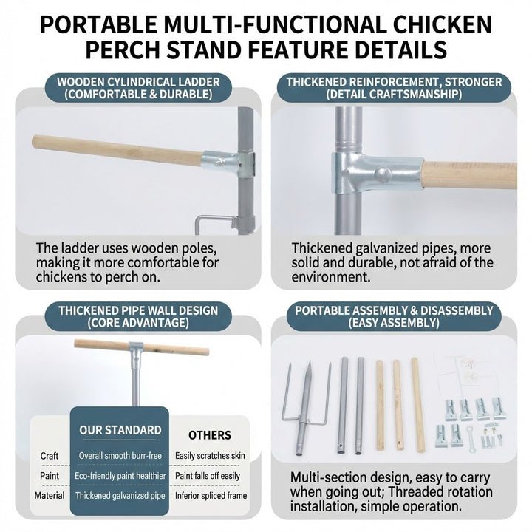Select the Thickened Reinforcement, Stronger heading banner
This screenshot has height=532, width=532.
[x=394, y=88]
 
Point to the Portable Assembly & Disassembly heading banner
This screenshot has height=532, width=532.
[x=394, y=316]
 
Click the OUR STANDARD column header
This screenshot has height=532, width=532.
[x=120, y=430]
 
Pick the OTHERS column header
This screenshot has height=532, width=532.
[x=210, y=435]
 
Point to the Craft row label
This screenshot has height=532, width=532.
[x=50, y=456]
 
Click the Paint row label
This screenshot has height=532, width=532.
[x=50, y=476]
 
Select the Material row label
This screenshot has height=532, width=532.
[x=50, y=496]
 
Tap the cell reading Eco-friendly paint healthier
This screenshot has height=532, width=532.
[x=120, y=476]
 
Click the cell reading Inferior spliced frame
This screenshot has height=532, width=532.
[x=211, y=496]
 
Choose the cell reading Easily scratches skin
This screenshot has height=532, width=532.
[x=211, y=456]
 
